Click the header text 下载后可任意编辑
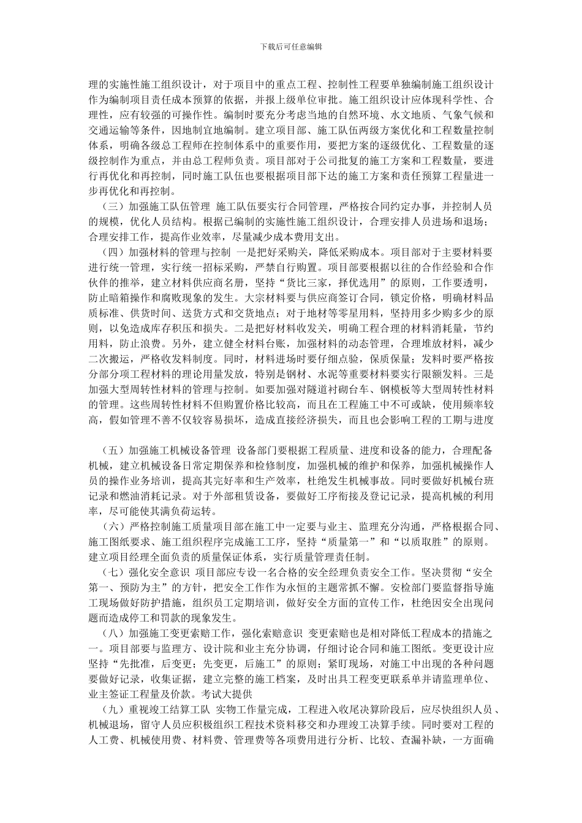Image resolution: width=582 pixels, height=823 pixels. tap(291, 47)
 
